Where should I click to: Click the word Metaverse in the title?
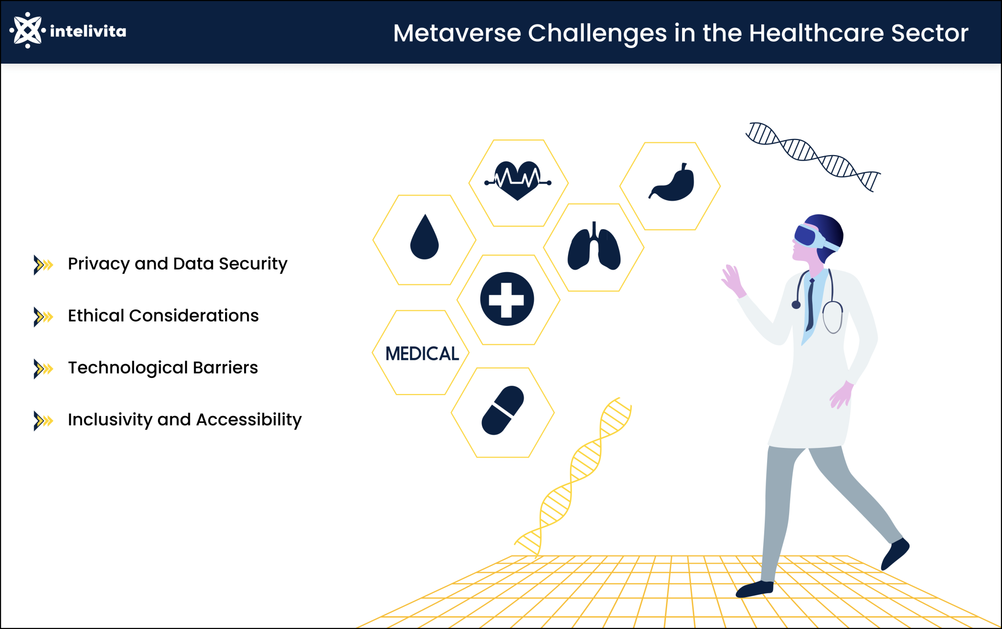coord(457,33)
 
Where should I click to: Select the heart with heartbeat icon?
coord(518,180)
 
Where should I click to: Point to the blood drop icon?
coord(424,238)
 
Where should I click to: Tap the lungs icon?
coord(594,247)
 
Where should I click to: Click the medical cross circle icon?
coord(507,299)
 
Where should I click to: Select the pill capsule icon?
coord(503,410)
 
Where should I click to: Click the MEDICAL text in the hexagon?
coord(422,353)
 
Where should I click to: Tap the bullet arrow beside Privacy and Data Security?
coord(43,265)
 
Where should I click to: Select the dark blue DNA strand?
coord(813,155)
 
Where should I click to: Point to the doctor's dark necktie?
coord(810,303)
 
